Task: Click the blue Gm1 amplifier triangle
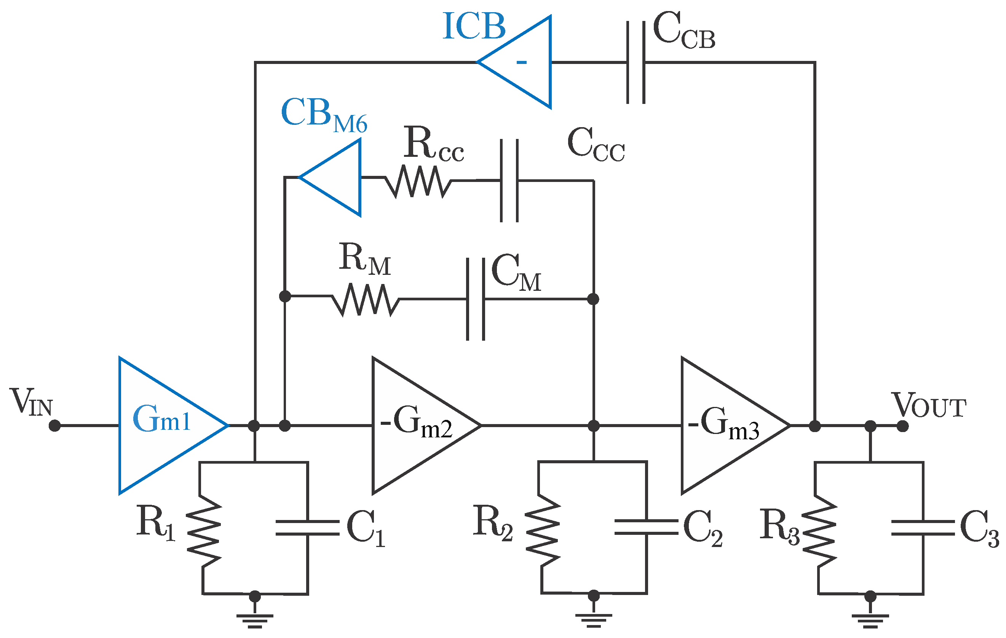coord(163,426)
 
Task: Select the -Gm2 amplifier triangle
coord(414,426)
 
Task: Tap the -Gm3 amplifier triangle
coord(723,426)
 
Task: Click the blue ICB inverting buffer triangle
coord(522,62)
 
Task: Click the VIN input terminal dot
coord(55,426)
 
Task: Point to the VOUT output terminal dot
coord(902,426)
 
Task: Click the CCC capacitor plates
coord(509,180)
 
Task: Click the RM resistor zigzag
coord(366,299)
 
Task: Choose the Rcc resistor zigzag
coord(418,181)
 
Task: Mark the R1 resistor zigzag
coord(203,531)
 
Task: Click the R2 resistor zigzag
coord(542,530)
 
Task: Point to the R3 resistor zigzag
coord(819,531)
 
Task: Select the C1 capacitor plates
coord(308,528)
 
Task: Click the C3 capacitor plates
coord(923,528)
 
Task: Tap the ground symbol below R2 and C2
coord(594,620)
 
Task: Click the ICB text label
coord(474,26)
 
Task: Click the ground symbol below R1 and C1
coord(255,620)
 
